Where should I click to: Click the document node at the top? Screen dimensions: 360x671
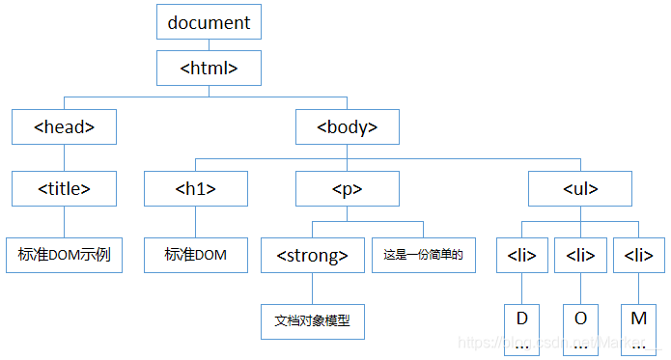209,21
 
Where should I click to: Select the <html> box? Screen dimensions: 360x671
209,69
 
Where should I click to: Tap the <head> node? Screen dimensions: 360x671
64,126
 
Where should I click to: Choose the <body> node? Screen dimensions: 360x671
348,126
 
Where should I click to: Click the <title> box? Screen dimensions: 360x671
64,189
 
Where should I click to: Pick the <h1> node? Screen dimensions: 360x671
196,189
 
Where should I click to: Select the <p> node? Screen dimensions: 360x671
348,189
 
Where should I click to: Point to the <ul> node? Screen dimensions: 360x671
580,189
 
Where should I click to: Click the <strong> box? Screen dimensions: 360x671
313,256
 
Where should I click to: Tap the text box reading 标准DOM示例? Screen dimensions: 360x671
64,255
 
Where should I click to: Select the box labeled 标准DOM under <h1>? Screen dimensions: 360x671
196,255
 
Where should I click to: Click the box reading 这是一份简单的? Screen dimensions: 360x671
424,256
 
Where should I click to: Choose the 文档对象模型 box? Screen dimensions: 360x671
313,320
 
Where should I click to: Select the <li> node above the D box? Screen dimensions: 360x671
522,256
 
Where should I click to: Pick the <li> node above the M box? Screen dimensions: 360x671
638,256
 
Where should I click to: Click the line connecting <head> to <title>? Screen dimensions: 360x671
64,158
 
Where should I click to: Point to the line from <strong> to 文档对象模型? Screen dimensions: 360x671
313,289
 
